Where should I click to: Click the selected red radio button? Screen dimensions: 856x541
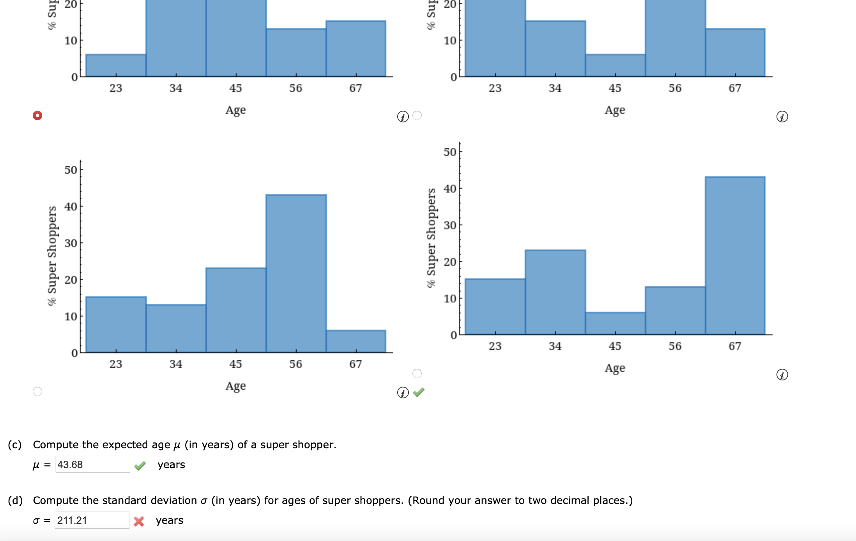click(x=37, y=115)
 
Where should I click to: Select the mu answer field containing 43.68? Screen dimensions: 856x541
click(x=92, y=465)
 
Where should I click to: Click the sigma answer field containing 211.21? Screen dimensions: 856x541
click(x=92, y=520)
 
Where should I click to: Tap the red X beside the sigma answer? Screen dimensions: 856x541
click(x=139, y=521)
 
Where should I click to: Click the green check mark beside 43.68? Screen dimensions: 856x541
click(x=140, y=465)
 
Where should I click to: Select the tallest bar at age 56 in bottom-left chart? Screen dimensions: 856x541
click(x=296, y=274)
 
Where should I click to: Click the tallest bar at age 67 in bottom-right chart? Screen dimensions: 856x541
click(x=735, y=256)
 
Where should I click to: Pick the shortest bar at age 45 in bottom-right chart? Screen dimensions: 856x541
click(x=615, y=324)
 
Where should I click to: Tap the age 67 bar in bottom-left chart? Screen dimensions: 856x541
click(x=356, y=341)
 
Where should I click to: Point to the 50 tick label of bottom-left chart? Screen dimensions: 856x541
click(x=71, y=170)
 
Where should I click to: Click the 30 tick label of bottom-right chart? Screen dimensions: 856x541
click(x=450, y=225)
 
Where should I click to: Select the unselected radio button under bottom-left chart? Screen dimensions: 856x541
click(x=37, y=391)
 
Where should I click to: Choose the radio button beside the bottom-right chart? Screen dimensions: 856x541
click(x=417, y=373)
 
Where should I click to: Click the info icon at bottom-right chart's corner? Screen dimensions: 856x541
click(x=782, y=375)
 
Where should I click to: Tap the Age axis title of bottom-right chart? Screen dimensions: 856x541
click(x=615, y=368)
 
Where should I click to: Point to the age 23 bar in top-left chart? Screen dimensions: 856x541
click(x=116, y=65)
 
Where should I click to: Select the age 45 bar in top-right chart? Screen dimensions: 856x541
click(x=615, y=65)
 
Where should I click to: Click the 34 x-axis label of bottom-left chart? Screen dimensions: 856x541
click(x=176, y=364)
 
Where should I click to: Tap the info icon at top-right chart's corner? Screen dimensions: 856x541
click(x=782, y=117)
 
